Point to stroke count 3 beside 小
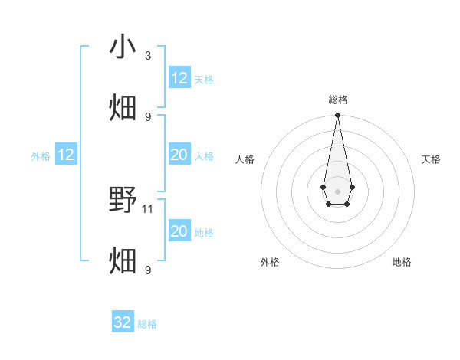click(148, 55)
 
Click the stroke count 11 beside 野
click(148, 208)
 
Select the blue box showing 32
click(123, 322)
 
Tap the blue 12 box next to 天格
click(179, 78)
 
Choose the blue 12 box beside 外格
click(66, 155)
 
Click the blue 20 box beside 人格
click(179, 155)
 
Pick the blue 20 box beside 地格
click(179, 231)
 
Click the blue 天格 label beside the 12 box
click(204, 80)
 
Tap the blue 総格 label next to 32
click(147, 324)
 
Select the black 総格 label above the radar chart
click(337, 100)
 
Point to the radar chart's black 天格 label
click(432, 159)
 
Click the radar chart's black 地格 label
click(402, 262)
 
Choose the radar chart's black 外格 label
click(270, 262)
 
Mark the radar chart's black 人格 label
click(245, 159)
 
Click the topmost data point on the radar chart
click(337, 116)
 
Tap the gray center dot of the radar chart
click(337, 191)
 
